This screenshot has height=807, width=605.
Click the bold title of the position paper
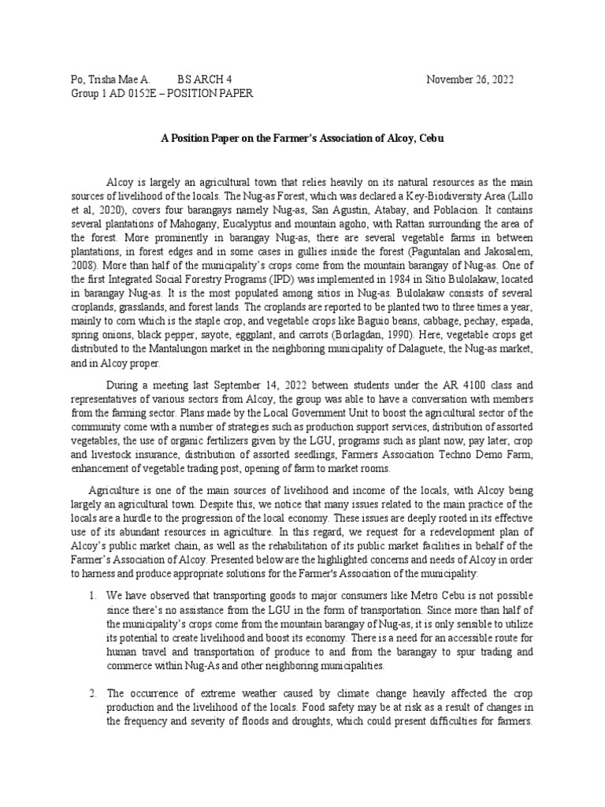pyautogui.click(x=302, y=138)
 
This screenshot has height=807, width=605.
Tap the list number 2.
pyautogui.click(x=92, y=693)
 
